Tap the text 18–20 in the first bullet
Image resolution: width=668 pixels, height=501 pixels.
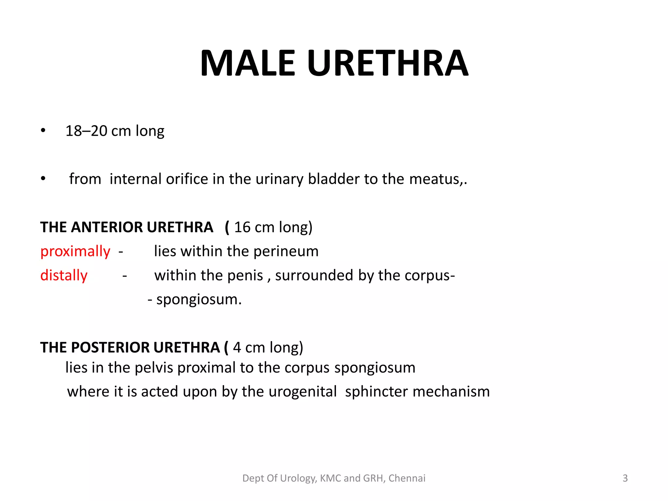coord(86,131)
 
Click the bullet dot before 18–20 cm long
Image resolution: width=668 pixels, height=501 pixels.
coord(43,131)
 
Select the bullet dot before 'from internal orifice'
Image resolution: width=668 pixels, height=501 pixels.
coord(43,179)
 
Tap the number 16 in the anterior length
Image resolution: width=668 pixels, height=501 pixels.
coord(242,227)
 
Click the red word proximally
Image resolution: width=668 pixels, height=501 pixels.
coord(75,251)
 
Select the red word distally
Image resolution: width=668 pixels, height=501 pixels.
coord(64,276)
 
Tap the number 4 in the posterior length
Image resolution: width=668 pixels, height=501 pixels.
coord(237,348)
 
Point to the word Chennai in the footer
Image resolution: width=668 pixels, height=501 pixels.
coord(407,478)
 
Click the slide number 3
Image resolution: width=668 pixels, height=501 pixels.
coord(625,478)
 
